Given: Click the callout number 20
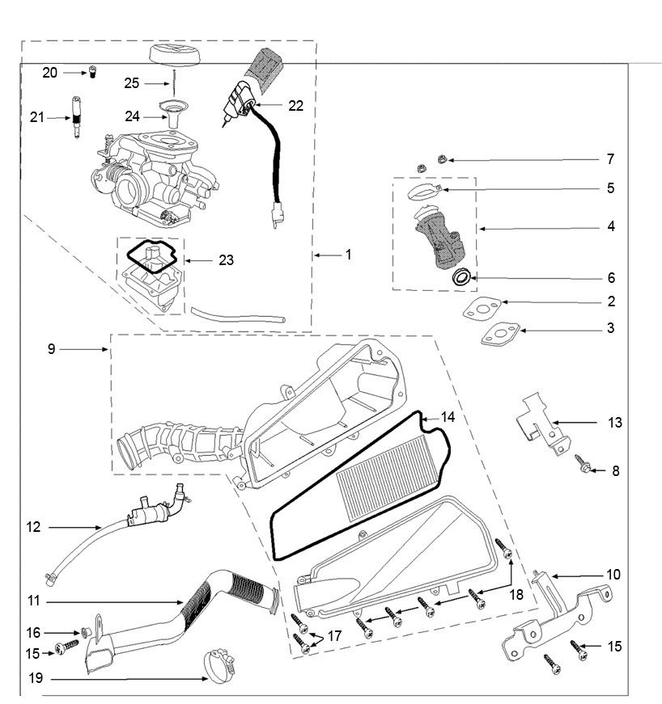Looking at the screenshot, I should [x=49, y=73].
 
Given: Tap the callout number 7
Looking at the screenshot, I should [x=610, y=158].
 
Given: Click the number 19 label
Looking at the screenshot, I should [x=34, y=679].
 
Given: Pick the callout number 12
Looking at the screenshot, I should [x=33, y=528].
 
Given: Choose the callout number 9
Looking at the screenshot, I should [x=51, y=349].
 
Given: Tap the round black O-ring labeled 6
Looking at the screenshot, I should [x=461, y=277].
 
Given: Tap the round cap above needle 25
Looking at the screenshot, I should [x=172, y=60].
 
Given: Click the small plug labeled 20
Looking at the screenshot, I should [x=92, y=74].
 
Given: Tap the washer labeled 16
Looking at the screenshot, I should [x=84, y=630].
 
